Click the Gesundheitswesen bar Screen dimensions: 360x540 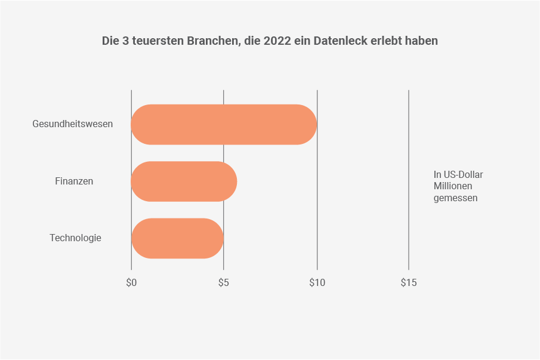pyautogui.click(x=224, y=124)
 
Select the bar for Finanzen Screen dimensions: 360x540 pyautogui.click(x=184, y=181)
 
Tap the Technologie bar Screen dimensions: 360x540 pyautogui.click(x=177, y=238)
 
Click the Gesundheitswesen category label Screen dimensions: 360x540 pyautogui.click(x=72, y=124)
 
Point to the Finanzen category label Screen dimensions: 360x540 pyautogui.click(x=74, y=181)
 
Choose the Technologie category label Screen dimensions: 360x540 pyautogui.click(x=75, y=238)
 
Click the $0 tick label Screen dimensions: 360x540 pyautogui.click(x=131, y=282)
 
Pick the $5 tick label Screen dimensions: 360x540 pyautogui.click(x=223, y=282)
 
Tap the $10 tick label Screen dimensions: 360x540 pyautogui.click(x=317, y=282)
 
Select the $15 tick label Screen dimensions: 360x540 pyautogui.click(x=409, y=282)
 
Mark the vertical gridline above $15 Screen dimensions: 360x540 pyautogui.click(x=409, y=179)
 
